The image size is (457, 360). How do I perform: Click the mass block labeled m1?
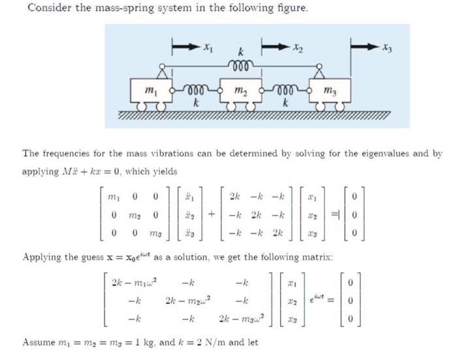point(151,90)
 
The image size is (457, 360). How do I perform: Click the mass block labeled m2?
point(242,90)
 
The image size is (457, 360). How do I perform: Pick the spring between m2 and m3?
point(285,89)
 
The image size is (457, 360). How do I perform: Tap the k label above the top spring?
point(241,51)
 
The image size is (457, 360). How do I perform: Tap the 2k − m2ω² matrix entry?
point(187,301)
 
